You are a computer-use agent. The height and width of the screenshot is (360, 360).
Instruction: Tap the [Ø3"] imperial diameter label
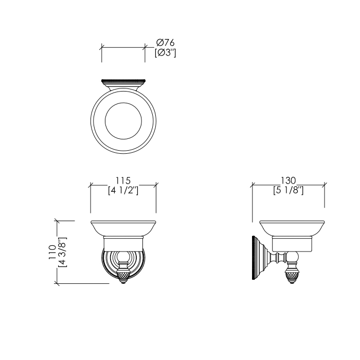(x=166, y=52)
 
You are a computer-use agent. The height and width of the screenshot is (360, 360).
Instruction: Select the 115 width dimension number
(x=123, y=180)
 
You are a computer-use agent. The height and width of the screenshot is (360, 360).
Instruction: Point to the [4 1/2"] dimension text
(x=123, y=190)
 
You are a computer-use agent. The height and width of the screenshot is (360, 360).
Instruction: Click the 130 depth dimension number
(x=288, y=180)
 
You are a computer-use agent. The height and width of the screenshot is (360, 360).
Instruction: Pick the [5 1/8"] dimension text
(x=288, y=190)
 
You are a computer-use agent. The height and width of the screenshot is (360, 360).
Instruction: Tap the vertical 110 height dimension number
(x=52, y=252)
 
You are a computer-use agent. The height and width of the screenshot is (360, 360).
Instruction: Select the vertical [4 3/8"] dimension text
(x=62, y=252)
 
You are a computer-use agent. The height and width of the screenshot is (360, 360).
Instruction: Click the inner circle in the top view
(x=123, y=122)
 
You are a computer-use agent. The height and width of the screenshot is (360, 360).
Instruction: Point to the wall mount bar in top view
(x=123, y=82)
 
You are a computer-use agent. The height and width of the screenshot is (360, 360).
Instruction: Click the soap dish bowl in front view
(x=123, y=228)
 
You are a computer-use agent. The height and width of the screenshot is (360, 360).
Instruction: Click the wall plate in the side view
(x=254, y=259)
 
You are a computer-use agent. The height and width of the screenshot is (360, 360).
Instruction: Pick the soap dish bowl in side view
(x=292, y=228)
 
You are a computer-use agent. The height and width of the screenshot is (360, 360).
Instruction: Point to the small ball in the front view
(x=123, y=258)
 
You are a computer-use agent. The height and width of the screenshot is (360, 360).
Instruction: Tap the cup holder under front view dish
(x=123, y=244)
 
